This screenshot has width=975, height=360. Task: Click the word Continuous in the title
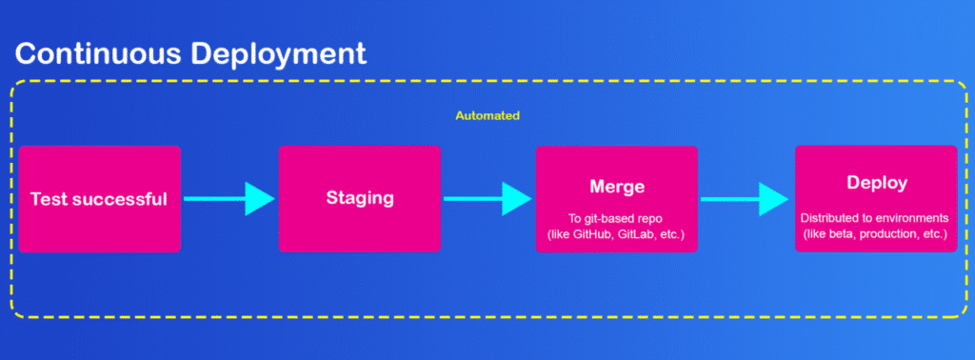[x=99, y=53]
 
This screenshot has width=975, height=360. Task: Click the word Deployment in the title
[x=279, y=55]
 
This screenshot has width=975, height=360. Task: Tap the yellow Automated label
[x=487, y=115]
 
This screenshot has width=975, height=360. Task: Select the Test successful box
[x=99, y=199]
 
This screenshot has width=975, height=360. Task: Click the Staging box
[x=359, y=199]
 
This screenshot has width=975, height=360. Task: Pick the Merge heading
[x=616, y=186]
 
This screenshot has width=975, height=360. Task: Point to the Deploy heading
[x=877, y=184]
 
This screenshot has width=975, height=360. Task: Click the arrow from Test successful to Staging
[x=229, y=199]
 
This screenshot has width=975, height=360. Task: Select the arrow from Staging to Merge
[x=487, y=199]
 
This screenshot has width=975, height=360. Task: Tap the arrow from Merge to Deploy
[x=745, y=199]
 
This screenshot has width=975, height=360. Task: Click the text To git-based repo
[x=616, y=219]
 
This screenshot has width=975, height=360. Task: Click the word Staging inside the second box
[x=360, y=199]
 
